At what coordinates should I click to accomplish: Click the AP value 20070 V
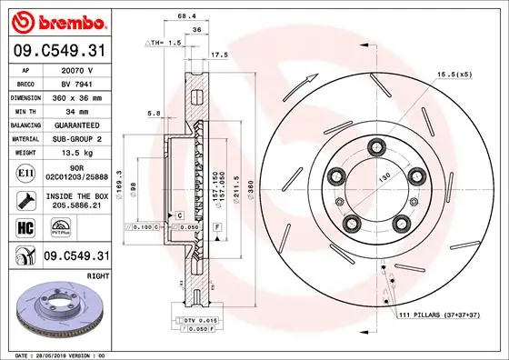point(78,69)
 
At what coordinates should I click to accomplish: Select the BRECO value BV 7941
point(78,83)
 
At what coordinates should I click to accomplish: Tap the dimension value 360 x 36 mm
point(78,96)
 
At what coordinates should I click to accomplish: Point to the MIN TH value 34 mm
point(78,110)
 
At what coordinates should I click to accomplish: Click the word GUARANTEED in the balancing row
point(78,124)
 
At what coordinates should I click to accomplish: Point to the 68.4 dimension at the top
point(185,15)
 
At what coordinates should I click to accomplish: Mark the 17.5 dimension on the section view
point(219,55)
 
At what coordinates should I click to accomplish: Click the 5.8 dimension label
point(155,115)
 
